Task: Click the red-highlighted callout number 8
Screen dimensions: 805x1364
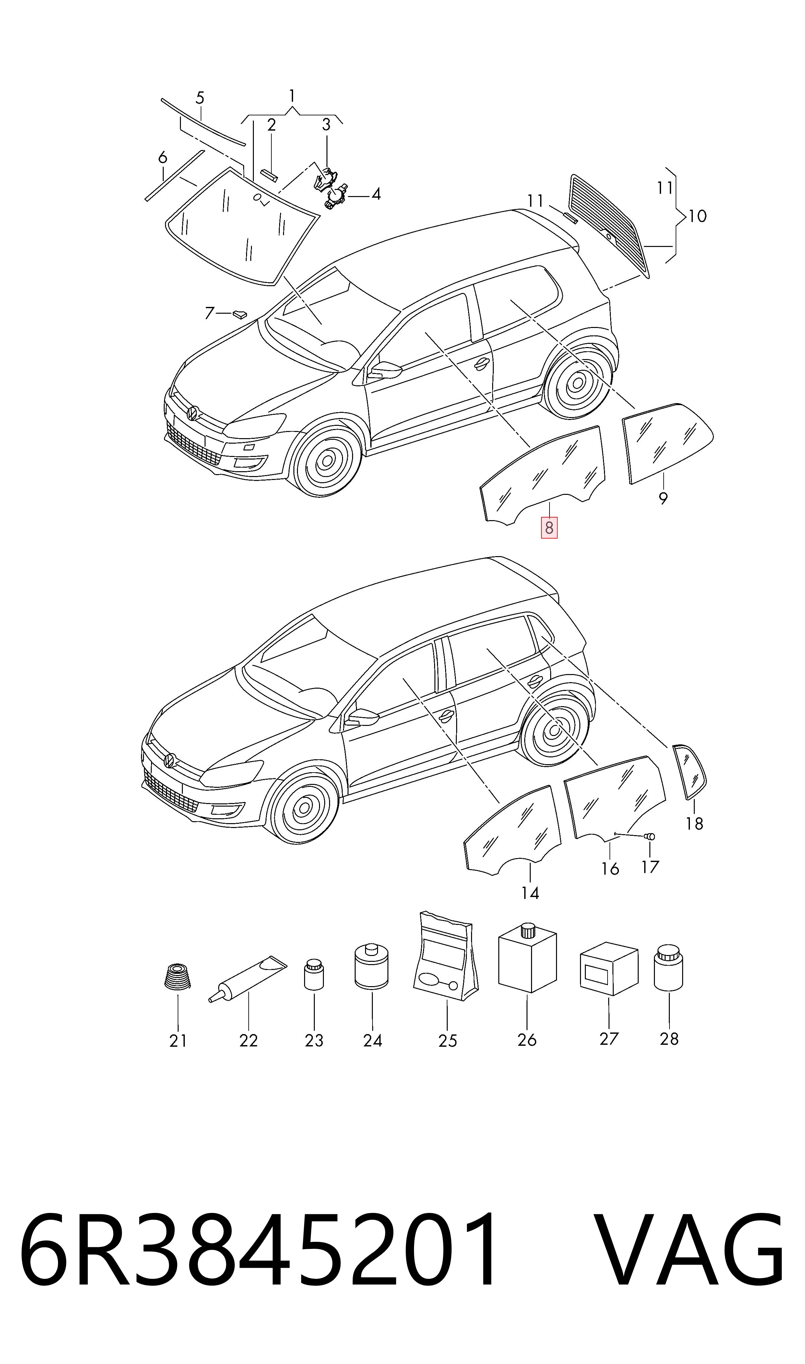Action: [x=549, y=528]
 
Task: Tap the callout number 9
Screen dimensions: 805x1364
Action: [x=663, y=498]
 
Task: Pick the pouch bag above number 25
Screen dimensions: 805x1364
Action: [x=446, y=956]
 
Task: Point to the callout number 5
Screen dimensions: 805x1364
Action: [x=200, y=98]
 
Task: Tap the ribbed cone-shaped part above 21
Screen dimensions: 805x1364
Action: [x=177, y=977]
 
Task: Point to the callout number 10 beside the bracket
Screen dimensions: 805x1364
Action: [x=698, y=216]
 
